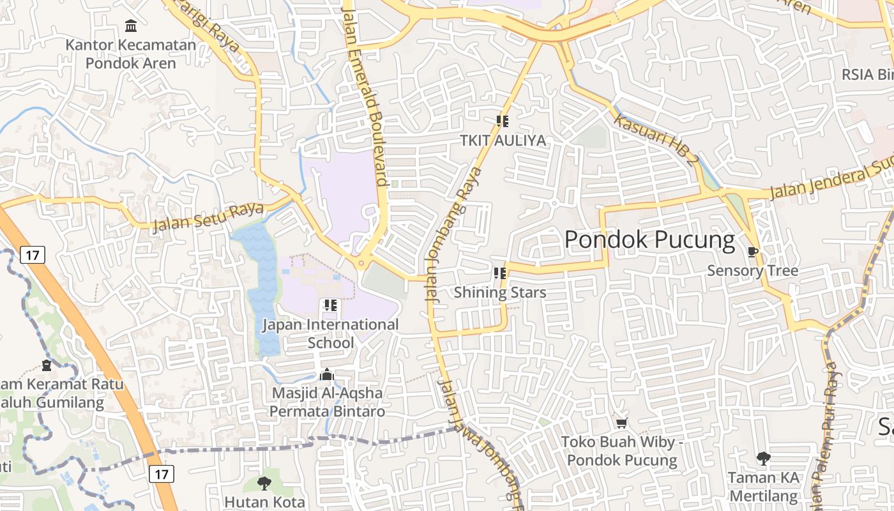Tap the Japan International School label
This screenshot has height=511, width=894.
coord(331,333)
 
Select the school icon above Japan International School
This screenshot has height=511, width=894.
coord(331,305)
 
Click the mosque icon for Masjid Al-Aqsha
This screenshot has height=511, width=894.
coord(327,375)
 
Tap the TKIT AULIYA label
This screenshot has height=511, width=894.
coord(503,141)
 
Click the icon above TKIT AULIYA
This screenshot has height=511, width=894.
coord(503,121)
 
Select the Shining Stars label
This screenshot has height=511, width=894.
coord(500,293)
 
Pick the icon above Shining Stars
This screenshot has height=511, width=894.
coord(499,273)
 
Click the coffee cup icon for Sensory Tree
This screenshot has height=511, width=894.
coord(753,252)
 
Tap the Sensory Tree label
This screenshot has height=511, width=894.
coord(752,271)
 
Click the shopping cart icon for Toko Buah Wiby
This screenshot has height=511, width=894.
coord(621,423)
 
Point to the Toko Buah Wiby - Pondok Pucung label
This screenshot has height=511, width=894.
coord(622,451)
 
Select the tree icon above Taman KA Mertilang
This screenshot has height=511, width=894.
coord(763,458)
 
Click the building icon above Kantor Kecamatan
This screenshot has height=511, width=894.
coord(131,26)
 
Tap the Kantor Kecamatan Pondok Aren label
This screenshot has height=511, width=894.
coord(131,54)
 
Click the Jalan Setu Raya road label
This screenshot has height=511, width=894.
coord(208,217)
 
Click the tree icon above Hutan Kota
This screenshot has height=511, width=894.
coord(264,483)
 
